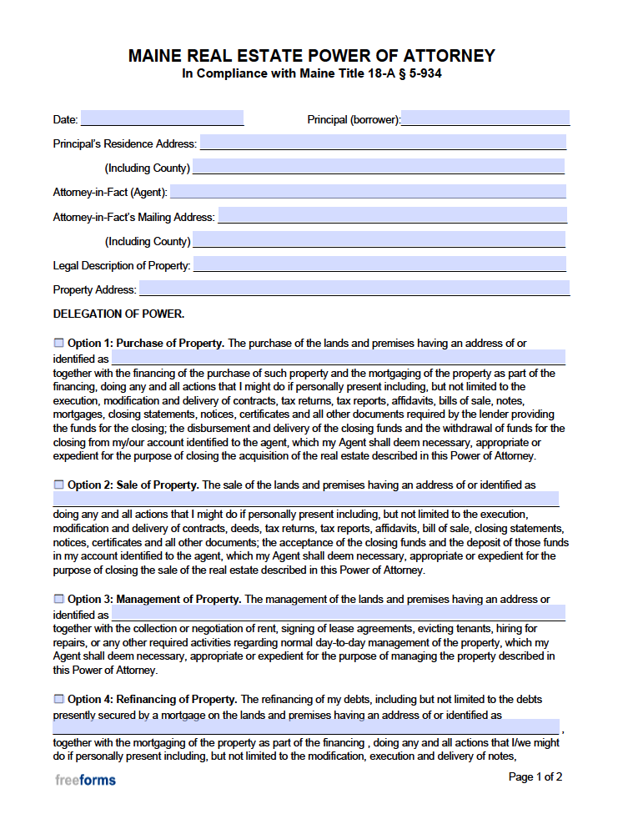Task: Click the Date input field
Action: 162,118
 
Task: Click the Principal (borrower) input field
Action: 485,118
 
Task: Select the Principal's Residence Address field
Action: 383,143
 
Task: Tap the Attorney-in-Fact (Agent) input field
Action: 368,192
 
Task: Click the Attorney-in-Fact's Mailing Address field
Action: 392,216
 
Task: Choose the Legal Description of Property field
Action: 379,264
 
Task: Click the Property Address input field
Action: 354,289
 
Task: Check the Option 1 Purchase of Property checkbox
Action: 58,343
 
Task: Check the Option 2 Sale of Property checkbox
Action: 58,485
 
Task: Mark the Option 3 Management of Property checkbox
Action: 58,599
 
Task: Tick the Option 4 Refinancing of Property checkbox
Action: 58,699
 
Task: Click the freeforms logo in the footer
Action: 85,780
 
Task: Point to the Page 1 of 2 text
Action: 535,776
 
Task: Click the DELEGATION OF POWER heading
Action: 118,314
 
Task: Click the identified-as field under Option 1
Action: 338,359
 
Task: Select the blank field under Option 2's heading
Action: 305,499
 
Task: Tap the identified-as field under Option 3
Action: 338,614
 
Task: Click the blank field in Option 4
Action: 305,727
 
